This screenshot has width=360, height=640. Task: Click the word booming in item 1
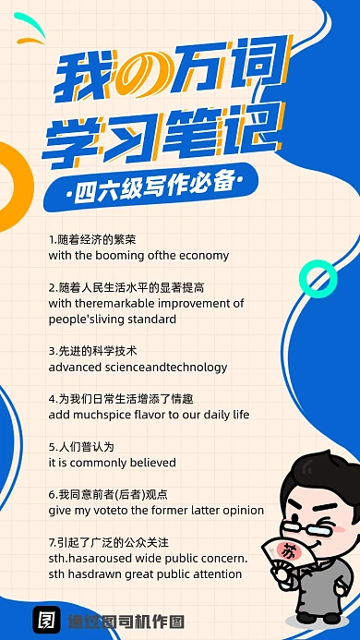pos(120,255)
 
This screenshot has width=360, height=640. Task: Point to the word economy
pos(205,255)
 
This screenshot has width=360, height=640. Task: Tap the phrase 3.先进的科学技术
pos(92,351)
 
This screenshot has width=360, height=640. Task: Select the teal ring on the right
pos(318,277)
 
